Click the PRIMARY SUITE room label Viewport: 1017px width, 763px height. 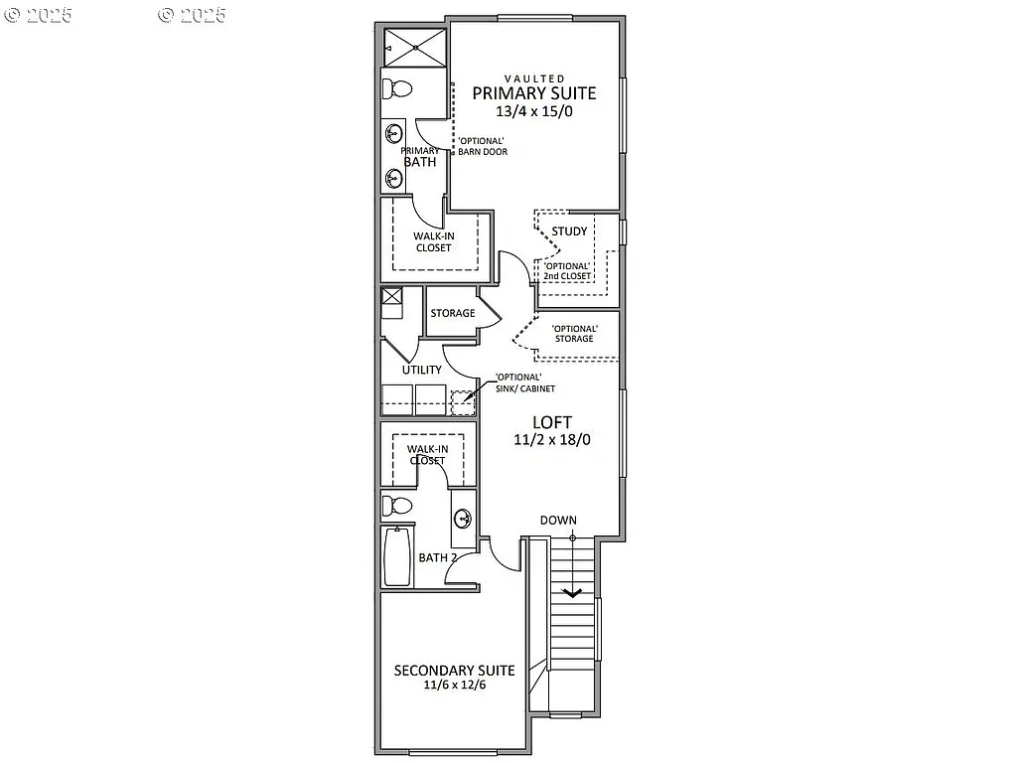coord(533,93)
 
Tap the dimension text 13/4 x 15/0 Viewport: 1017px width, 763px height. coord(533,112)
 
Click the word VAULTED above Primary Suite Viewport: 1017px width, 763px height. coord(534,77)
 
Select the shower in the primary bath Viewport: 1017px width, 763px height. coord(415,45)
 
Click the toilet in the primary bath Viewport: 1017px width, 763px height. coord(398,88)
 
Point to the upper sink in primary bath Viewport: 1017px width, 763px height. coord(394,133)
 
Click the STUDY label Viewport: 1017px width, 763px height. coord(569,231)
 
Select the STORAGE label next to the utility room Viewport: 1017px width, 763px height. coord(452,314)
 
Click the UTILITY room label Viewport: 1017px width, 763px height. coord(421,370)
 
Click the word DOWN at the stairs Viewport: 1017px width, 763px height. coord(558,520)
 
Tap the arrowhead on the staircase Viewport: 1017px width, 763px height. coord(572,593)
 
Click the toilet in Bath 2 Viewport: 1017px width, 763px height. coord(398,506)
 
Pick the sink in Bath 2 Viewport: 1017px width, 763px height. coord(463,518)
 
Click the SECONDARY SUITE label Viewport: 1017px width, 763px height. coord(454,670)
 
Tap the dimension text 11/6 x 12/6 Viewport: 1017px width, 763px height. coord(454,685)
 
